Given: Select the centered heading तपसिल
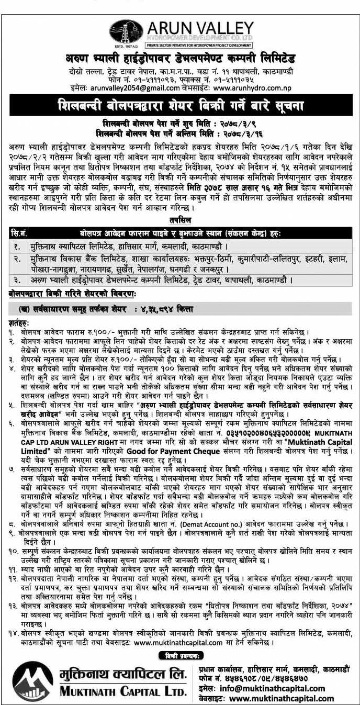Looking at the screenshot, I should [180, 221].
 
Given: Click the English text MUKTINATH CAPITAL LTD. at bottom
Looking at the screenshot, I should [123, 692].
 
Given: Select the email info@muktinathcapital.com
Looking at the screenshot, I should [272, 688].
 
